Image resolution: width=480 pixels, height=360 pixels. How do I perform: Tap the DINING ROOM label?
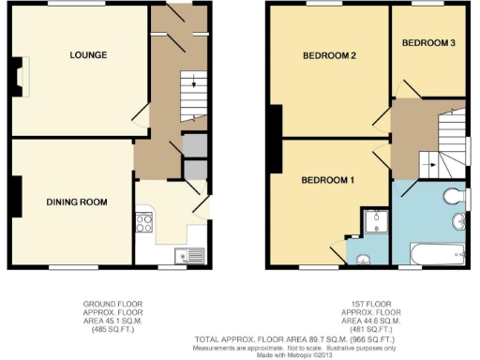[77, 202]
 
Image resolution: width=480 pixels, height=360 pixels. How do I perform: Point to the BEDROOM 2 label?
[329, 55]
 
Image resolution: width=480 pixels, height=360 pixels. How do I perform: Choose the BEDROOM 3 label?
[428, 43]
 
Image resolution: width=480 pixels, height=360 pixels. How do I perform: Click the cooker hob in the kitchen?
[144, 223]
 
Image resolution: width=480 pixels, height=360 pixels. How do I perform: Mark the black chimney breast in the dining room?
[15, 197]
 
